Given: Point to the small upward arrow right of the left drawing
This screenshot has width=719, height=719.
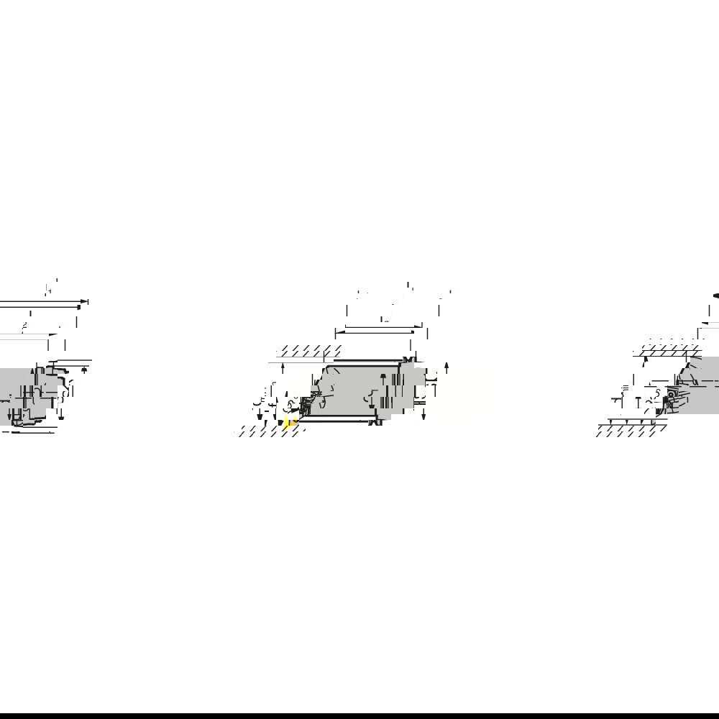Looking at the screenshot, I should tap(85, 370).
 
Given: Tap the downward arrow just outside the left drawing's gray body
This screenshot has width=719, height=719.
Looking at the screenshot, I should tap(61, 415).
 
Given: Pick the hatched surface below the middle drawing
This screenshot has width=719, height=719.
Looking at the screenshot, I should tap(270, 431).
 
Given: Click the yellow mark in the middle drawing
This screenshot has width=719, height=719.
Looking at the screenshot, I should tap(289, 423).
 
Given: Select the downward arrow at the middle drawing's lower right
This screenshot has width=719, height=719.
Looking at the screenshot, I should tap(423, 416).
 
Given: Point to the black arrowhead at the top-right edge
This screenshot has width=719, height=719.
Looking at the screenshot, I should tap(715, 295).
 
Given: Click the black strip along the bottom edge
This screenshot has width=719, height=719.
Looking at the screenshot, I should tap(359, 715).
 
